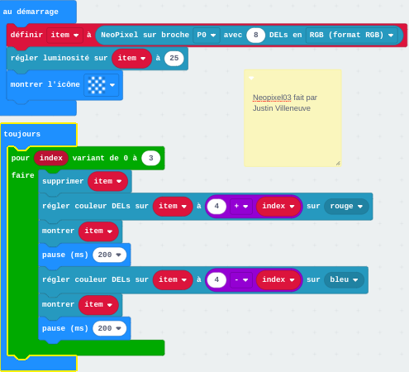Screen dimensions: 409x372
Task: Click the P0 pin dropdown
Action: (207, 35)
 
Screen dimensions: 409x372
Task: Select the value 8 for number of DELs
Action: (255, 35)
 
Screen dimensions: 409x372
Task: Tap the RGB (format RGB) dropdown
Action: (351, 35)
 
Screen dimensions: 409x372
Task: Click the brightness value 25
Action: (174, 58)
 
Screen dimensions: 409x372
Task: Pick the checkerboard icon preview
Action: (97, 85)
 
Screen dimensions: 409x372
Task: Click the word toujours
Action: (22, 134)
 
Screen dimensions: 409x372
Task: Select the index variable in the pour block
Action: (51, 158)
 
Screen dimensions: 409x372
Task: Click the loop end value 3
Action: (150, 158)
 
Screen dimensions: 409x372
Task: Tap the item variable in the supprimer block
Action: (107, 181)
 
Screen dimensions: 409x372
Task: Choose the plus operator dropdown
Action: (241, 206)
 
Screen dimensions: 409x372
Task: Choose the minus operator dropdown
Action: (241, 279)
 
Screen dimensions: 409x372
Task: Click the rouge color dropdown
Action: (346, 206)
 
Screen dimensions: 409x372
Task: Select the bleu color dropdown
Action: (344, 279)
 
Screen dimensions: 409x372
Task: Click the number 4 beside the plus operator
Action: (216, 206)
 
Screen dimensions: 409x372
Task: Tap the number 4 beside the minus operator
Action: (216, 279)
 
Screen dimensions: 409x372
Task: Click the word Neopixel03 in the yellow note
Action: (272, 98)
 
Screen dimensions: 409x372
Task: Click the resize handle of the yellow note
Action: (338, 164)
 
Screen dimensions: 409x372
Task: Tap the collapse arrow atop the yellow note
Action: (251, 79)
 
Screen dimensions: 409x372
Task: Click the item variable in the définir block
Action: (64, 35)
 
